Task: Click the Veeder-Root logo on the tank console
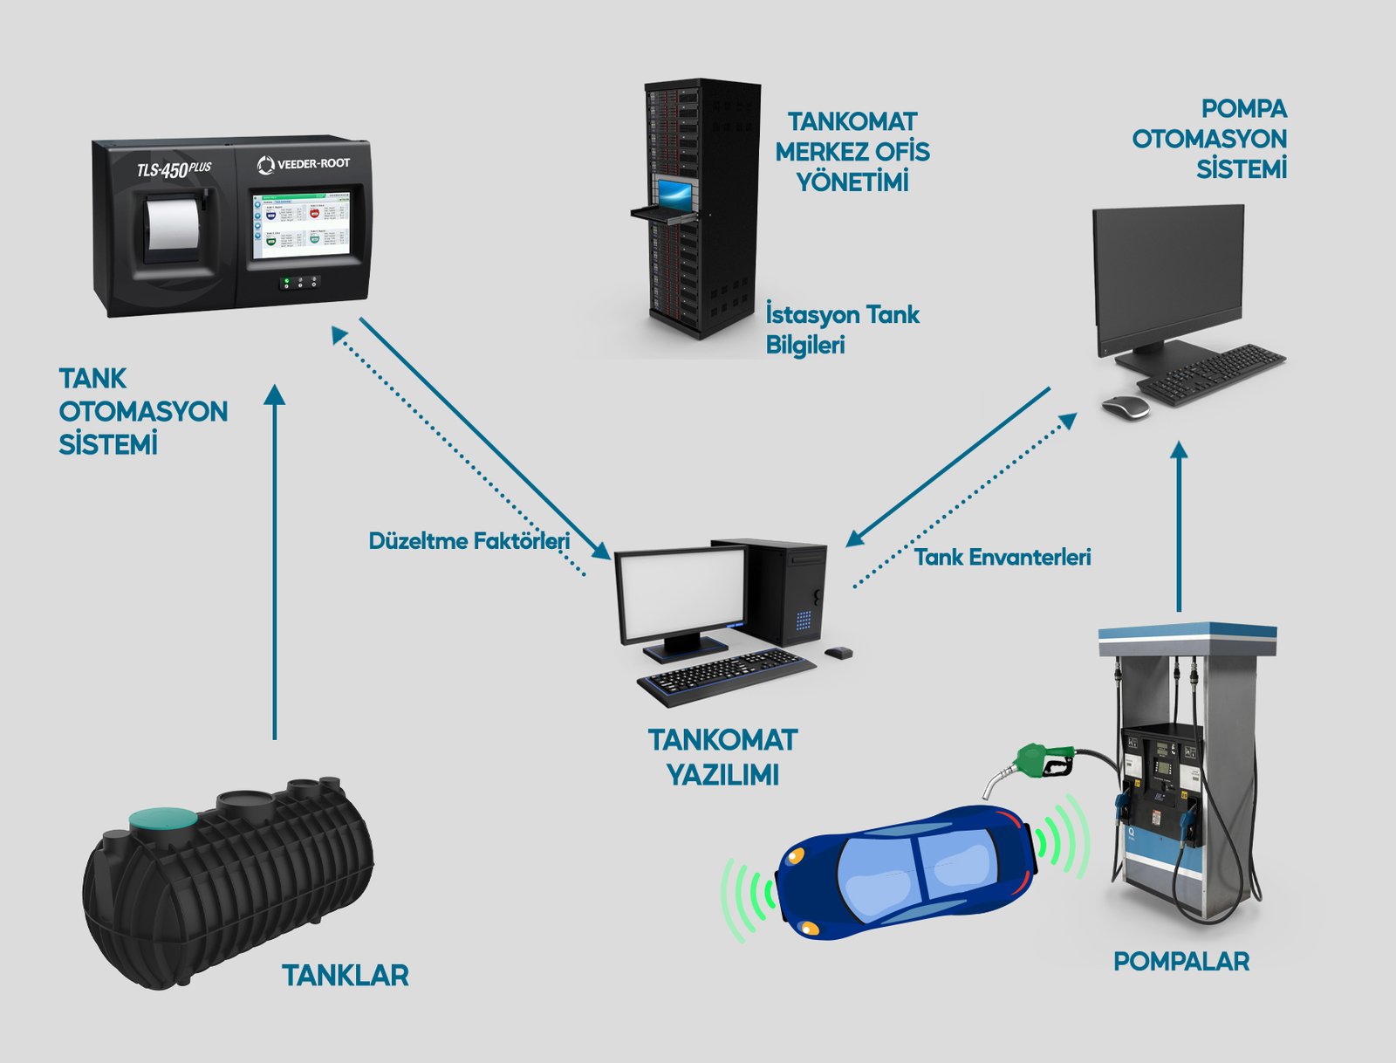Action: pyautogui.click(x=304, y=164)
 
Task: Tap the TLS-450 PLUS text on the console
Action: pyautogui.click(x=174, y=168)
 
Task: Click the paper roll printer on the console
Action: pyautogui.click(x=172, y=224)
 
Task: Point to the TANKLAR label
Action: pyautogui.click(x=345, y=975)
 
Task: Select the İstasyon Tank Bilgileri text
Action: pyautogui.click(x=842, y=329)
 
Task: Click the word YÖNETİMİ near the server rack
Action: pyautogui.click(x=852, y=182)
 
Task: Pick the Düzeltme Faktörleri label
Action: pyautogui.click(x=469, y=541)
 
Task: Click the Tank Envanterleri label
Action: pyautogui.click(x=1003, y=558)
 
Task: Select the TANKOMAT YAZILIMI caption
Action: pyautogui.click(x=722, y=757)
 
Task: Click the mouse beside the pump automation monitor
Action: pyautogui.click(x=1125, y=407)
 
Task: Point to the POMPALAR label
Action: pyautogui.click(x=1181, y=961)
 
